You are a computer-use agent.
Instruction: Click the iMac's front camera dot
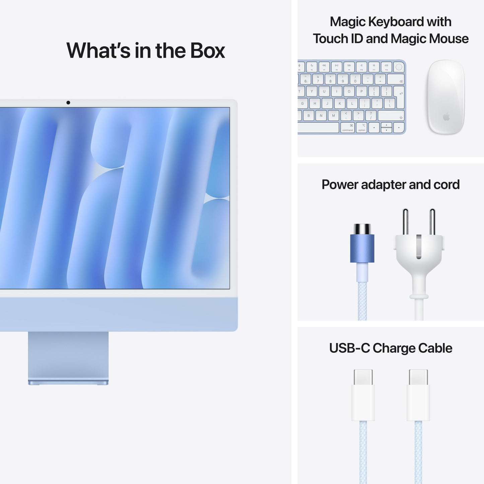tap(68, 102)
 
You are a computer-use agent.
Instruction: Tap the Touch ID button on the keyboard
tap(399, 67)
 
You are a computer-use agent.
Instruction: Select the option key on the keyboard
tap(362, 128)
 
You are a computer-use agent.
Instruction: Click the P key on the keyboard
tap(361, 91)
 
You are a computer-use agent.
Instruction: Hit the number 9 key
tap(343, 79)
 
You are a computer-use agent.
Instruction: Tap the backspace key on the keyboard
tap(396, 79)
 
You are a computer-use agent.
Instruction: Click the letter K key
tap(340, 103)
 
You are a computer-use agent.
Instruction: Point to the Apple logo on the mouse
tap(446, 117)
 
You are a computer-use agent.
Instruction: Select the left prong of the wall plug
tap(405, 221)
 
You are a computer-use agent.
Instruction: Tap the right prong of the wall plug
tap(432, 221)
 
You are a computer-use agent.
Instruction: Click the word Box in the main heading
tap(208, 51)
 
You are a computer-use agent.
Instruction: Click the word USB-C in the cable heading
tap(349, 348)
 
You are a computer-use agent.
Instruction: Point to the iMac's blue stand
tap(68, 357)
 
